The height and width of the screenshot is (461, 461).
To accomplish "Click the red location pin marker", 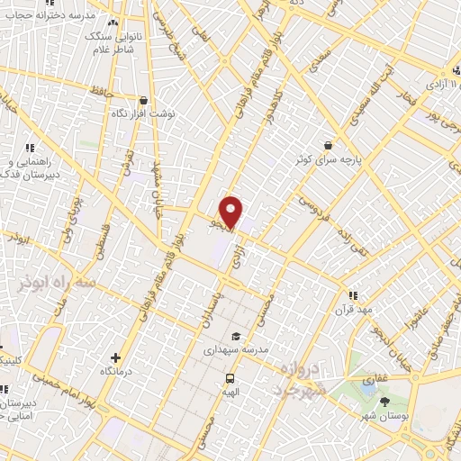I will click(232, 212).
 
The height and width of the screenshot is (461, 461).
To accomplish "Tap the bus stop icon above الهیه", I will click(230, 379).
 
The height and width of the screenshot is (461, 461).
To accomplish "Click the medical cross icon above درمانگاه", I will click(114, 357).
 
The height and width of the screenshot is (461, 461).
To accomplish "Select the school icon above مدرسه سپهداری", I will click(236, 336).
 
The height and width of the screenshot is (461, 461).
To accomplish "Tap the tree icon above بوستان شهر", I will click(386, 402).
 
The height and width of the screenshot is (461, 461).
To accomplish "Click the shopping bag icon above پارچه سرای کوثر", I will click(329, 144).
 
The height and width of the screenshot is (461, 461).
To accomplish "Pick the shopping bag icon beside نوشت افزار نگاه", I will click(143, 101).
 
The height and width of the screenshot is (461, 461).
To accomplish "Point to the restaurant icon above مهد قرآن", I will click(353, 295).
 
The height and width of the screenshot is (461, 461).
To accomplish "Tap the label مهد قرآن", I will click(353, 310).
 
